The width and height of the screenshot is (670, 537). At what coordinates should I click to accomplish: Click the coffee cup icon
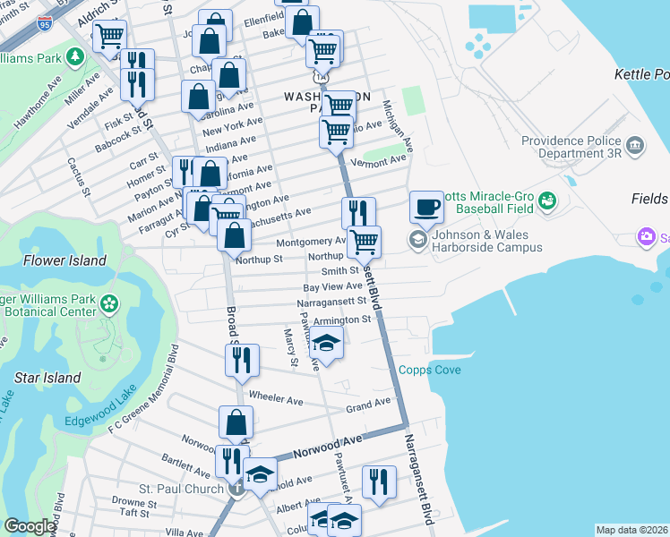point(426,207)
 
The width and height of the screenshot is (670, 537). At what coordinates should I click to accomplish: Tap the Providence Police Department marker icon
point(635,145)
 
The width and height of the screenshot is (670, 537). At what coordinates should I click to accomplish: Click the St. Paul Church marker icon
point(236,489)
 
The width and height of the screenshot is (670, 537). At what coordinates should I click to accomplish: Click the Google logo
point(30,526)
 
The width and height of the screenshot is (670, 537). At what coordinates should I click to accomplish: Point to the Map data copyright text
point(631,530)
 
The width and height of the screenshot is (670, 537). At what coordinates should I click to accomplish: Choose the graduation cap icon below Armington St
point(327,343)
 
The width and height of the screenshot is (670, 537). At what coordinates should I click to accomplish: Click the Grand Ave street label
point(369,405)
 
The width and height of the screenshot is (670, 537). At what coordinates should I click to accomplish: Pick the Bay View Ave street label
point(332,286)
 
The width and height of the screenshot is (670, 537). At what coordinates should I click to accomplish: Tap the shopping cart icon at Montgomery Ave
point(364,241)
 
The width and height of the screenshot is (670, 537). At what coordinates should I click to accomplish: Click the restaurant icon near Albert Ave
point(379,482)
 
